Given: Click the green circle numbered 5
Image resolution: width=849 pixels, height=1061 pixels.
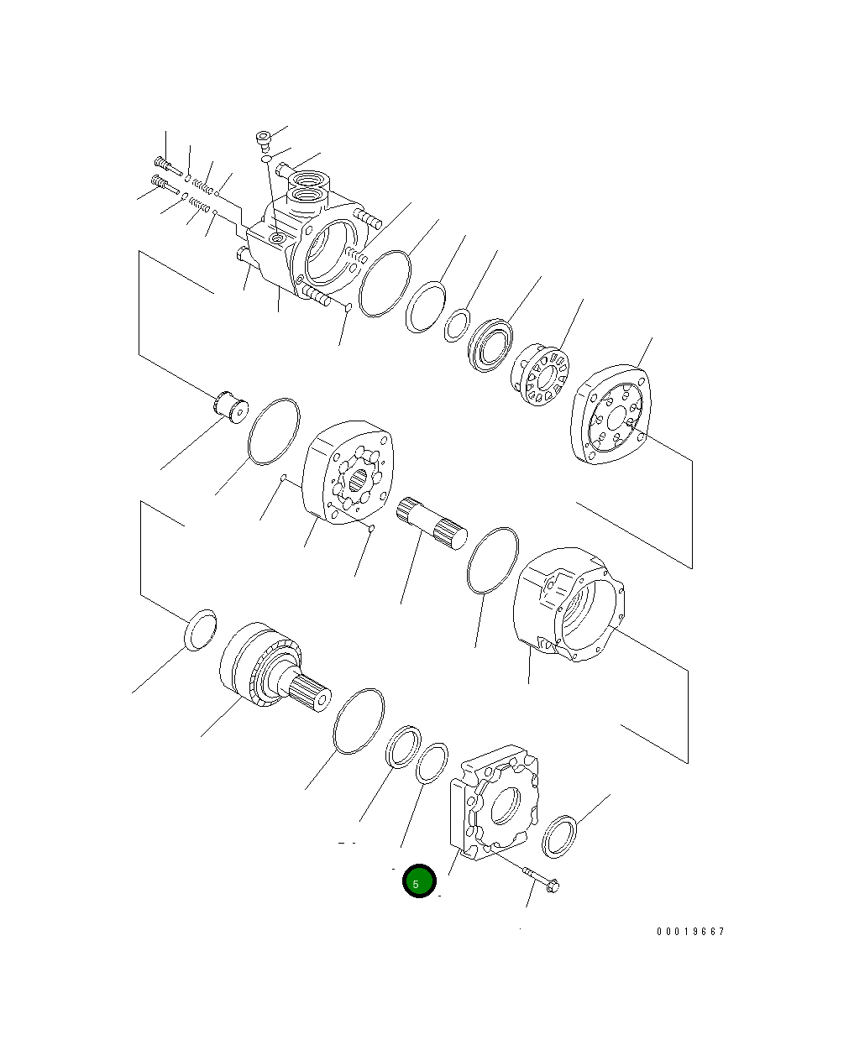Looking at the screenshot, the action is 419,880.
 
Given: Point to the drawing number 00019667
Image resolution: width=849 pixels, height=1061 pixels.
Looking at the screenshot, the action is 690,932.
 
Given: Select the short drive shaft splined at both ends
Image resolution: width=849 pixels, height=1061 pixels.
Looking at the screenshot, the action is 432,523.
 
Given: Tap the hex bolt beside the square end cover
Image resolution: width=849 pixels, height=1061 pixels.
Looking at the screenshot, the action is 541,880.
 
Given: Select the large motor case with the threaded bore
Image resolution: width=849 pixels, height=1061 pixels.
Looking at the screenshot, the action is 569,604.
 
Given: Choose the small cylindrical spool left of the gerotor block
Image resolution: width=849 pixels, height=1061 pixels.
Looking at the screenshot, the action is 231,406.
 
